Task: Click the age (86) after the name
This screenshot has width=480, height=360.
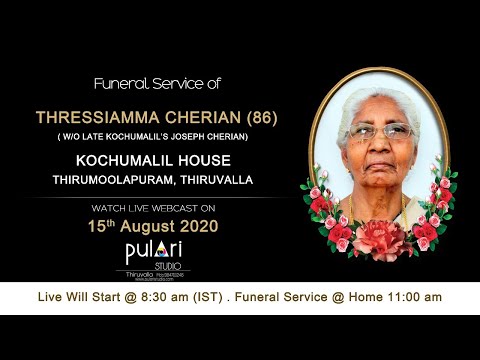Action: (x=259, y=117)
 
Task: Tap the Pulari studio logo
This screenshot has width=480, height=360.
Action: (x=151, y=252)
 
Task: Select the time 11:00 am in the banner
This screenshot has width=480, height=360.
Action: (x=412, y=297)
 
